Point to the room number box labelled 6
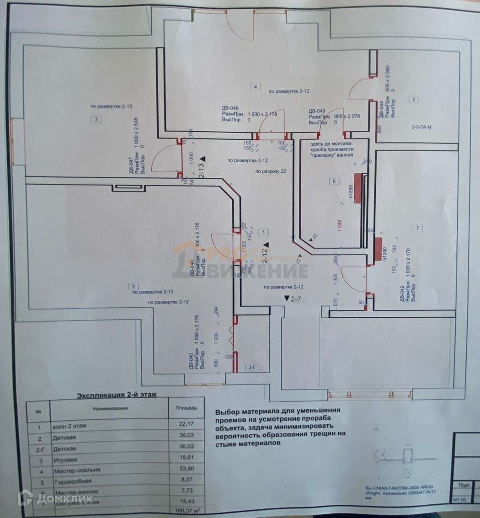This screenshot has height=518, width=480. click(x=334, y=182)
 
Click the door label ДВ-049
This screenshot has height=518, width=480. click(x=230, y=108)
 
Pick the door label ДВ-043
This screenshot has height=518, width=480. click(x=317, y=111)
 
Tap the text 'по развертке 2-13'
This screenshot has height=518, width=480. click(x=112, y=106)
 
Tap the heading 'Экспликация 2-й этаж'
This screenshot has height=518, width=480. click(x=117, y=395)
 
